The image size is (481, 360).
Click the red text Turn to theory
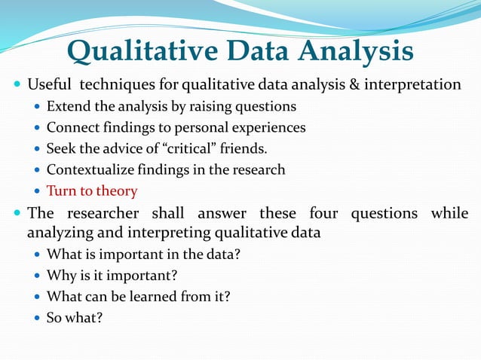[92, 191]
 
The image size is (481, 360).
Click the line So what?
[74, 317]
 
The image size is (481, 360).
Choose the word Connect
[71, 127]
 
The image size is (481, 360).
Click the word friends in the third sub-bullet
[245, 148]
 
